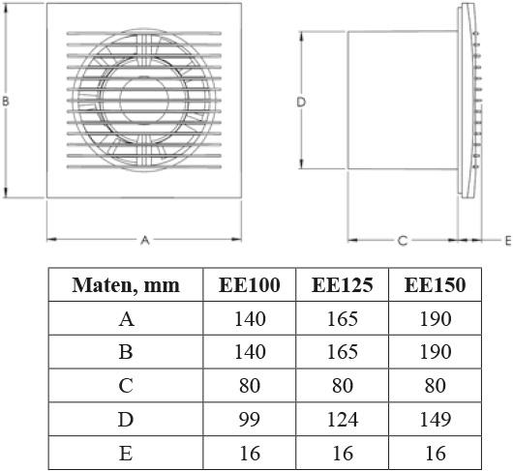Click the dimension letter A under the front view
tap(145, 239)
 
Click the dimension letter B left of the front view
tap(7, 101)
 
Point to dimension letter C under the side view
tap(402, 240)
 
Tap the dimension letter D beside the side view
tap(301, 101)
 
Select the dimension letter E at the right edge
tap(507, 239)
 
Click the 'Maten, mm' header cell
tap(125, 284)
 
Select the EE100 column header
tap(250, 284)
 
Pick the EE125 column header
tap(343, 284)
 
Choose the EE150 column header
tap(435, 284)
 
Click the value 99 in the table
tap(250, 419)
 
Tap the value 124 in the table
tap(343, 419)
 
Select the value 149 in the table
tap(435, 419)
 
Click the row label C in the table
tap(125, 385)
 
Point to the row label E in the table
tap(125, 453)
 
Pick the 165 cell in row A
tap(343, 318)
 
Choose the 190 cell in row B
tap(435, 352)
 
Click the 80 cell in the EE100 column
tap(250, 385)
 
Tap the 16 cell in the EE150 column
tap(435, 453)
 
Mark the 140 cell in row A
tap(250, 318)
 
